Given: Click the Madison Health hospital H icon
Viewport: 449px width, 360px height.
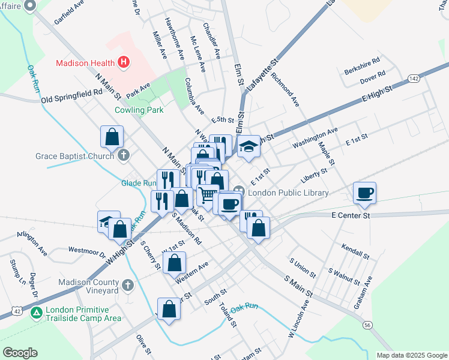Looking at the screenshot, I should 124,62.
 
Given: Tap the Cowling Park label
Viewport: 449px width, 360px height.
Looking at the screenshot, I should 139,110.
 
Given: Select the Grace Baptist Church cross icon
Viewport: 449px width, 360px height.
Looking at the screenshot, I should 124,156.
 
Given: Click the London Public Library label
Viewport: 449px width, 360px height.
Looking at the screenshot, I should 288,193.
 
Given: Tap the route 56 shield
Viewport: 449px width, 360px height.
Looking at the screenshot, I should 367,325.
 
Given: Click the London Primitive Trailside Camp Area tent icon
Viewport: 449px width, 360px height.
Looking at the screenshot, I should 37,312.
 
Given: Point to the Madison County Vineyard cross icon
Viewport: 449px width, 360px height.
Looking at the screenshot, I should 127,284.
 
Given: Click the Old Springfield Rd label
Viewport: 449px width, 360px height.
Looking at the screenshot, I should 72,95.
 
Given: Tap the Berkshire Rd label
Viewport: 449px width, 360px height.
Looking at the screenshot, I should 362,61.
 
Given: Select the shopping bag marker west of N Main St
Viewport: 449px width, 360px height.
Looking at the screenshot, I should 112,137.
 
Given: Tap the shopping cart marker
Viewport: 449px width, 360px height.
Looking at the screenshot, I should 207,194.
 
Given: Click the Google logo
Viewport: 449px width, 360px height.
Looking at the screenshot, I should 20,352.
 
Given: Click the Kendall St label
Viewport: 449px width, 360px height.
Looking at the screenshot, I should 355,251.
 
